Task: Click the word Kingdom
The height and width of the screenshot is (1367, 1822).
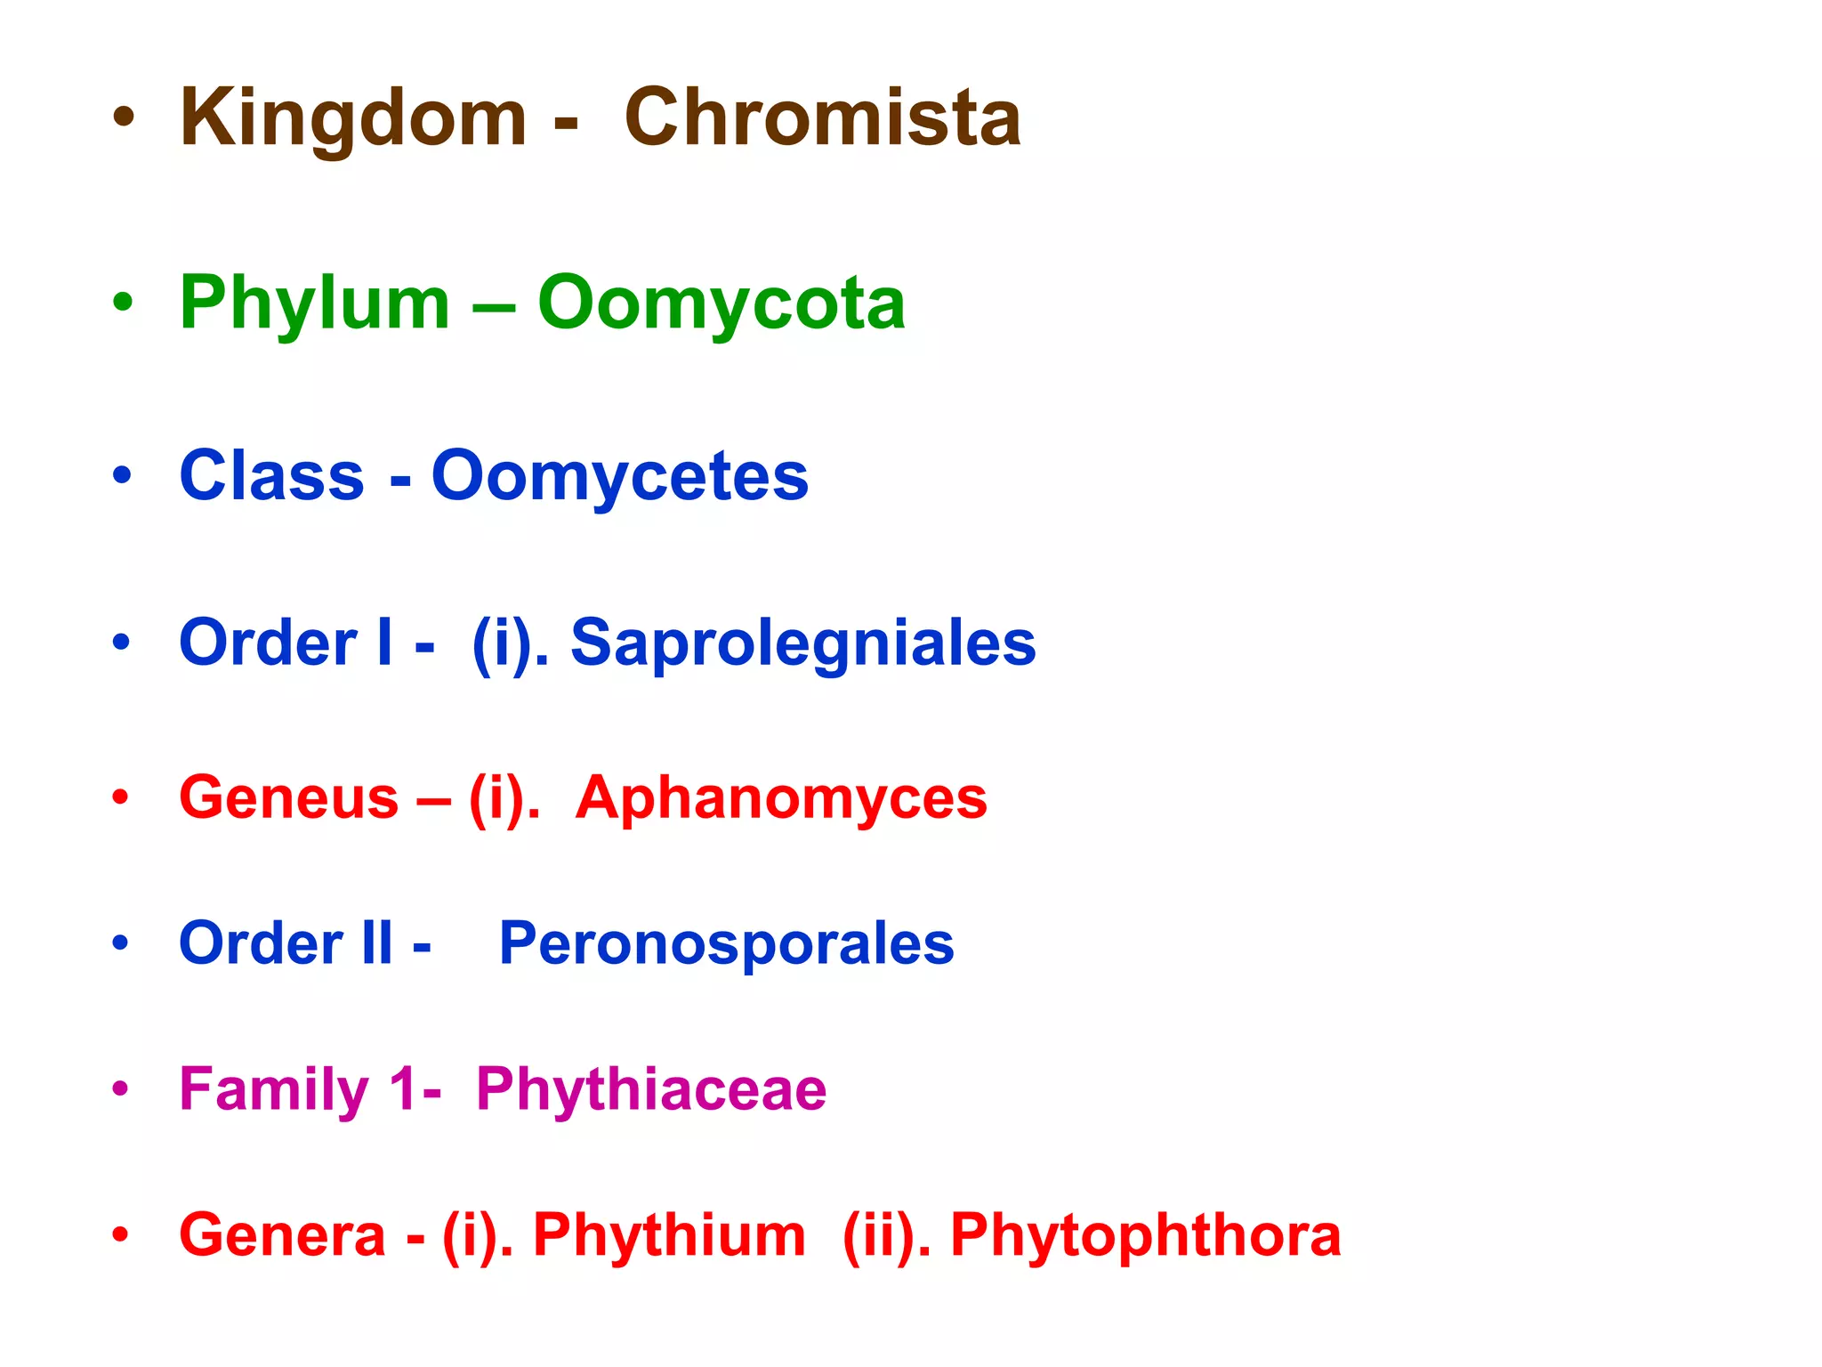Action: (353, 119)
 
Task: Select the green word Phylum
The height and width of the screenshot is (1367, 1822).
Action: (315, 304)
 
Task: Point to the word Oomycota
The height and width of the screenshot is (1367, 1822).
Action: (722, 304)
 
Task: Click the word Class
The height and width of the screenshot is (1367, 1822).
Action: (271, 476)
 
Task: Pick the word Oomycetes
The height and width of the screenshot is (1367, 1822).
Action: (620, 476)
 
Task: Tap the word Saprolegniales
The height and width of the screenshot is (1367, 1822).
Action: (803, 643)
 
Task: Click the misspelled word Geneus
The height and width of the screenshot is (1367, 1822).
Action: (289, 797)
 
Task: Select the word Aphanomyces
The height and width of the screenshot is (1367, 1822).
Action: (781, 797)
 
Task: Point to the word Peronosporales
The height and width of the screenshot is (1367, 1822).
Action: (726, 943)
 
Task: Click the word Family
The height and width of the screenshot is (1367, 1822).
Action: (274, 1089)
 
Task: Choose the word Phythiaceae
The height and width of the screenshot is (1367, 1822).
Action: (651, 1089)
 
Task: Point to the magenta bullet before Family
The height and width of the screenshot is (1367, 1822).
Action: (121, 1089)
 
